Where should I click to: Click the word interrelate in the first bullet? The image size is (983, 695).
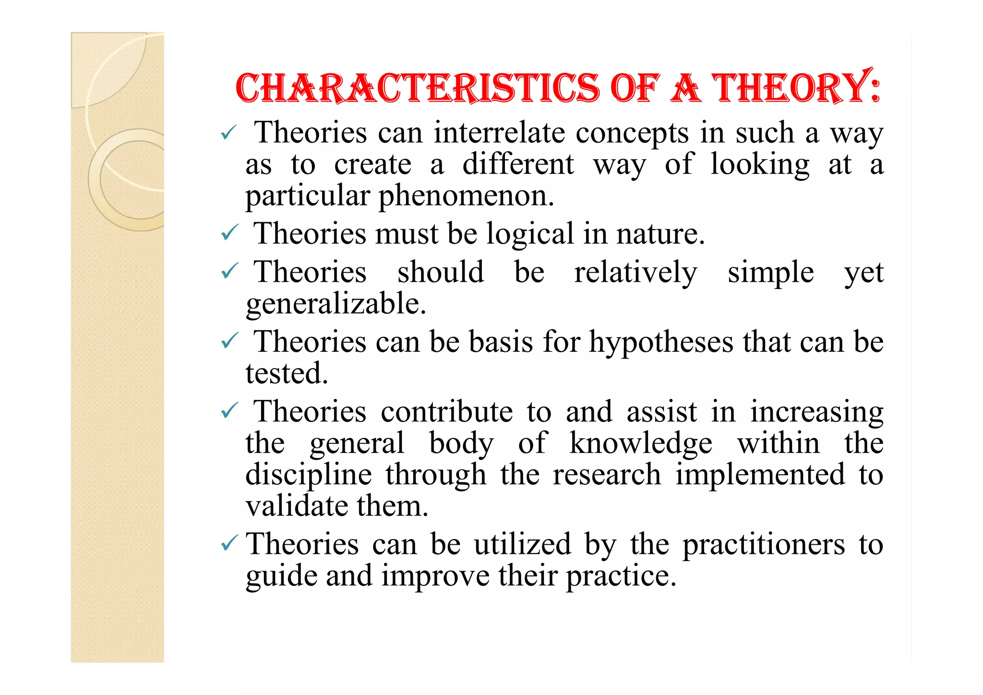pyautogui.click(x=499, y=133)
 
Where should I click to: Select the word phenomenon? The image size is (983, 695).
pyautogui.click(x=466, y=196)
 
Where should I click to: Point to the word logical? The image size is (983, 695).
pyautogui.click(x=530, y=234)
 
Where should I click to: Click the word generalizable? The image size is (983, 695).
pyautogui.click(x=336, y=304)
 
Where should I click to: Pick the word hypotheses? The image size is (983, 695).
pyautogui.click(x=661, y=343)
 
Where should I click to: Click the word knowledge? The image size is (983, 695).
pyautogui.click(x=640, y=443)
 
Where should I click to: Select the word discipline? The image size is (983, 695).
pyautogui.click(x=309, y=475)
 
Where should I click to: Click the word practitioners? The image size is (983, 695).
pyautogui.click(x=763, y=545)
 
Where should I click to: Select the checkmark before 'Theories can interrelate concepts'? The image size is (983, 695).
pyautogui.click(x=229, y=132)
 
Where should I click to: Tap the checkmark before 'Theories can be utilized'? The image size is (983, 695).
pyautogui.click(x=229, y=544)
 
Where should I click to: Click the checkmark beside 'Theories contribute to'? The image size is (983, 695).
pyautogui.click(x=229, y=411)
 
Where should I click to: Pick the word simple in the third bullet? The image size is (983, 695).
pyautogui.click(x=770, y=273)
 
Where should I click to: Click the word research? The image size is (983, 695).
pyautogui.click(x=607, y=475)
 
